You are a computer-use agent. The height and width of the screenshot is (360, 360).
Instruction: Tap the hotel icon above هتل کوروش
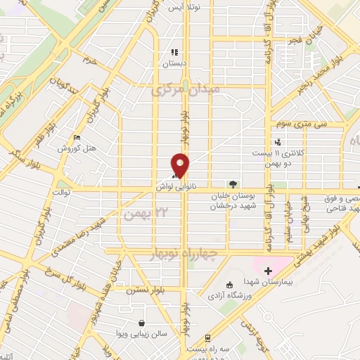tap(77, 137)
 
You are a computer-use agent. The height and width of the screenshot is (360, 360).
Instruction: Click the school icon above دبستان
tap(175, 52)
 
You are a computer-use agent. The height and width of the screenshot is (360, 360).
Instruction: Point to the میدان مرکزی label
tap(187, 90)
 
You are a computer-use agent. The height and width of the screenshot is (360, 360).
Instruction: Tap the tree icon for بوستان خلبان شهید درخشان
tap(233, 184)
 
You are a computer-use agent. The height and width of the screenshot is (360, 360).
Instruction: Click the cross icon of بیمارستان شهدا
tap(268, 271)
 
